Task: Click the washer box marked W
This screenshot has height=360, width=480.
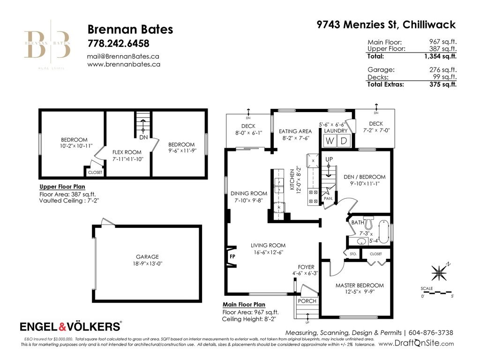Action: [330, 141]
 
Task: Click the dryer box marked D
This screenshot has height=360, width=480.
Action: [343, 141]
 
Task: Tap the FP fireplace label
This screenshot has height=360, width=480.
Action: [232, 256]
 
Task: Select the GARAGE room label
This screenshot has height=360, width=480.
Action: [147, 256]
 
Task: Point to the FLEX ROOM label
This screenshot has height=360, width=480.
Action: [127, 152]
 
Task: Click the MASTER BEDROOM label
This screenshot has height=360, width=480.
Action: [360, 285]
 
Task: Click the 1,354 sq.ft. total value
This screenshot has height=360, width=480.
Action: [440, 56]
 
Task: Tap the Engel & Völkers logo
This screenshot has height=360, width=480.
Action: [71, 326]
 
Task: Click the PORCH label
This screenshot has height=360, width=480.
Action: [307, 301]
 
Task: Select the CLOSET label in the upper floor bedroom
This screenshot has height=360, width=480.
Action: [95, 172]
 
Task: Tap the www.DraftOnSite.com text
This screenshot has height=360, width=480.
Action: [416, 344]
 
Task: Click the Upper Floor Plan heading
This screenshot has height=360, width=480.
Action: [62, 186]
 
